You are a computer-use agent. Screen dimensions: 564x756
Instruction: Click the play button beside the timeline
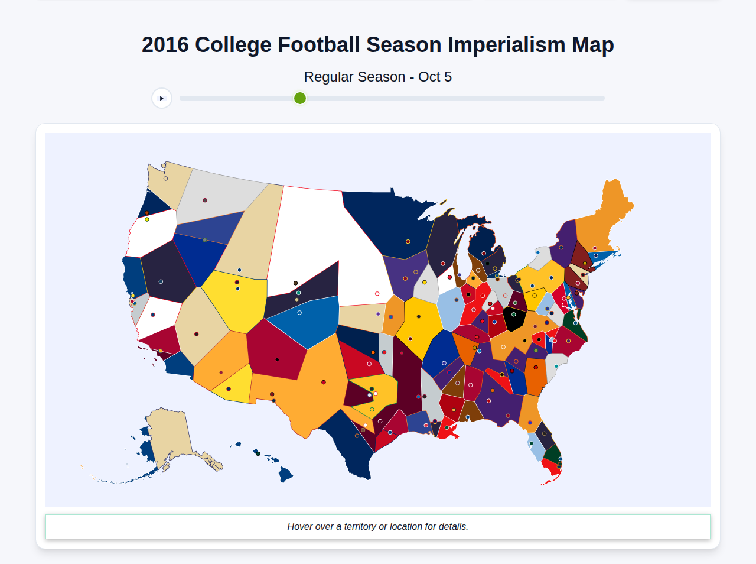pos(161,98)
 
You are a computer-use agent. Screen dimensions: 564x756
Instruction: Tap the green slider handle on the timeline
pos(300,98)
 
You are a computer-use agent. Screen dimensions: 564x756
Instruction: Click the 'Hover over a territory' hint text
pos(377,526)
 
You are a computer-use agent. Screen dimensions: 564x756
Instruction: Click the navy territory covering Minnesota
pos(390,225)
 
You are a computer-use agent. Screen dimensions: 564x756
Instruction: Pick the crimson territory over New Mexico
pos(275,349)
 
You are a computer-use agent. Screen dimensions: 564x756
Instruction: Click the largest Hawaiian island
pos(286,474)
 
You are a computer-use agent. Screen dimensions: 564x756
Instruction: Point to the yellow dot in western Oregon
pos(147,219)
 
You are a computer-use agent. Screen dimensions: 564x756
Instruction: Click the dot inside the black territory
pos(514,315)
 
